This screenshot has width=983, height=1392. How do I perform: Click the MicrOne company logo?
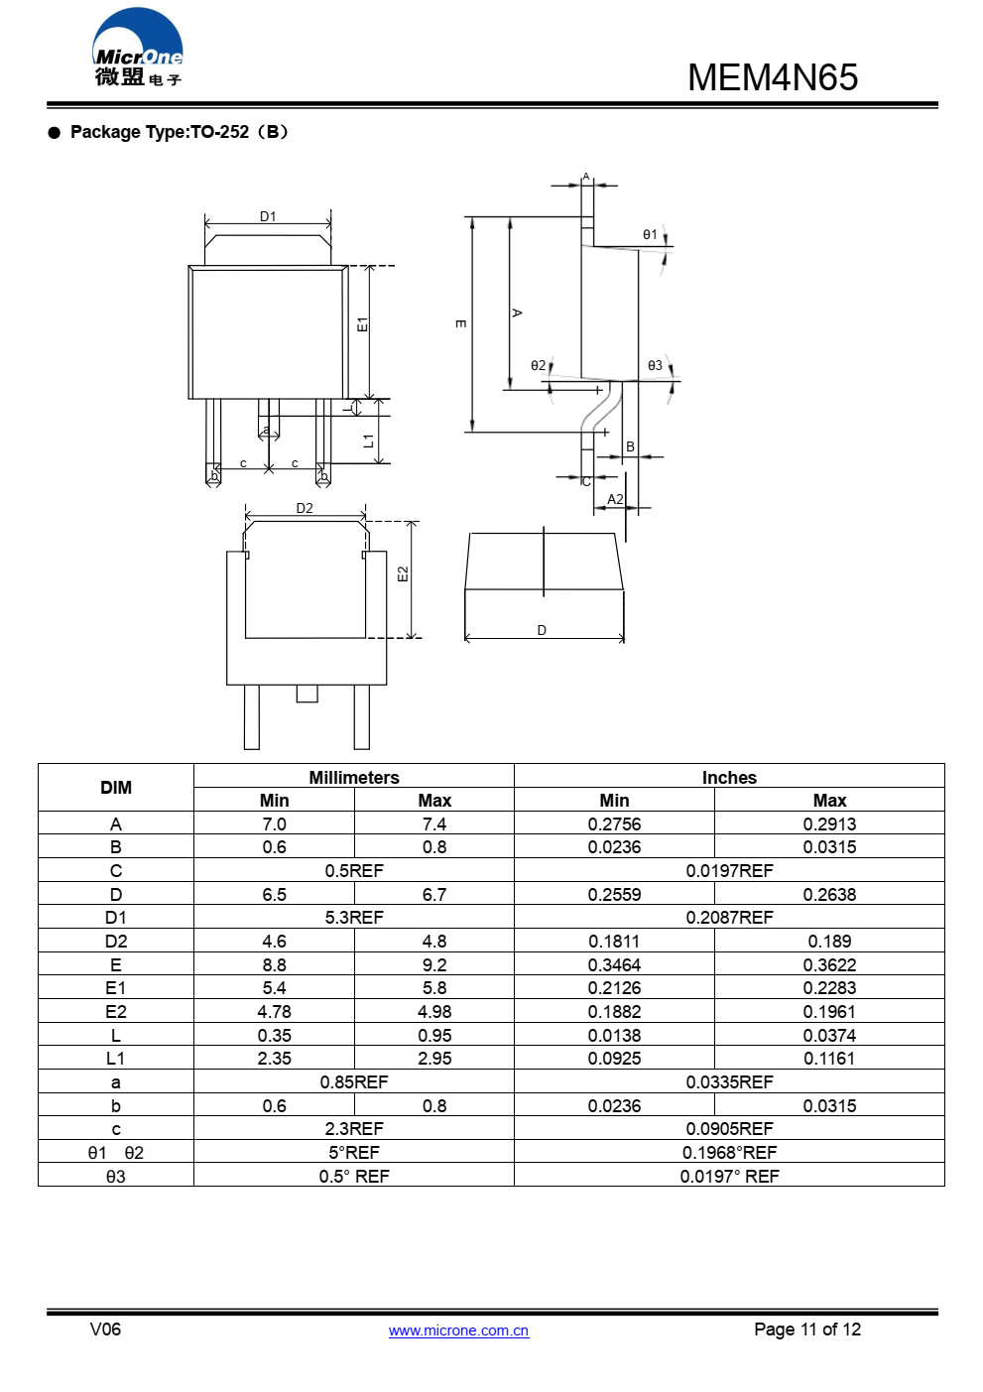pyautogui.click(x=138, y=48)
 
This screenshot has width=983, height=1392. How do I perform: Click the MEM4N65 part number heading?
pyautogui.click(x=772, y=77)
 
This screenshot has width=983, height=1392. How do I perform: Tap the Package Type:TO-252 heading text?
pyautogui.click(x=179, y=132)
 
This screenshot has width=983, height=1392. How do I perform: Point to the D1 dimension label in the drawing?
pyautogui.click(x=268, y=216)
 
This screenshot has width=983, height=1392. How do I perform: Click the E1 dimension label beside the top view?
pyautogui.click(x=362, y=324)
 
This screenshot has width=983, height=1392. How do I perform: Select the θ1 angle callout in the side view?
pyautogui.click(x=650, y=235)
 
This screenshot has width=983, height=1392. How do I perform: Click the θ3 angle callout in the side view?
pyautogui.click(x=655, y=366)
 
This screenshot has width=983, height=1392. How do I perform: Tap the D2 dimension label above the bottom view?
pyautogui.click(x=305, y=508)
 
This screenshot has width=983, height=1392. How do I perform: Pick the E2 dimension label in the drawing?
pyautogui.click(x=403, y=574)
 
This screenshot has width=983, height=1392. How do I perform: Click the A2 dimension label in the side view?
pyautogui.click(x=615, y=499)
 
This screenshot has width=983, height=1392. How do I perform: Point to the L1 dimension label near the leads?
pyautogui.click(x=368, y=441)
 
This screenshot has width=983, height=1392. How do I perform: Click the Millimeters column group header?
pyautogui.click(x=354, y=777)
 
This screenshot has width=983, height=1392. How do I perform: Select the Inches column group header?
pyautogui.click(x=729, y=777)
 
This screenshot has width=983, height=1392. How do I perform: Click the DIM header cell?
pyautogui.click(x=116, y=788)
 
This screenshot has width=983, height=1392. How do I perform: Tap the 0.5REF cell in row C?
pyautogui.click(x=354, y=871)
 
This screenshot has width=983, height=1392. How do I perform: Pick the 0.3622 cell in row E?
pyautogui.click(x=829, y=965)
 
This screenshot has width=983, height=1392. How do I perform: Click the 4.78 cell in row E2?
pyautogui.click(x=275, y=1012)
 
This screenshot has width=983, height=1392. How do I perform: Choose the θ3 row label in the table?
pyautogui.click(x=116, y=1177)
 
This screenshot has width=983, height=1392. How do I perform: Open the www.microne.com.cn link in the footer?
pyautogui.click(x=458, y=1330)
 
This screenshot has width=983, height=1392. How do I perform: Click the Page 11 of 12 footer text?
pyautogui.click(x=807, y=1329)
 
